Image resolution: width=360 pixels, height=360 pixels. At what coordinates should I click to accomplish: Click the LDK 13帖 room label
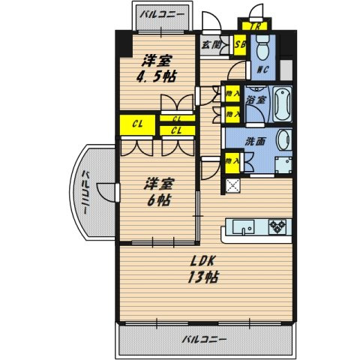click(x=203, y=269)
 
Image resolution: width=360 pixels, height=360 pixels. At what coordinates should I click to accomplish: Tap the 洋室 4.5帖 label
click(x=157, y=68)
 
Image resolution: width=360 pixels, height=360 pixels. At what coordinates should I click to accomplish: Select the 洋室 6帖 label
click(x=159, y=192)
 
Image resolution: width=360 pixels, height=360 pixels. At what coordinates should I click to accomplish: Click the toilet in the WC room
click(x=262, y=49)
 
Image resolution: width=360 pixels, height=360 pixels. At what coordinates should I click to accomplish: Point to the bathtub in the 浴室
click(x=282, y=103)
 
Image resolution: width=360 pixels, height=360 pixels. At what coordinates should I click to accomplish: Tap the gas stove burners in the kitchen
click(x=277, y=226)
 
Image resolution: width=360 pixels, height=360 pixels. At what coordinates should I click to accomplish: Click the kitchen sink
click(x=243, y=227)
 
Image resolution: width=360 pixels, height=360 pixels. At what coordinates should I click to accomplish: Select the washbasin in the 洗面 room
click(x=284, y=139)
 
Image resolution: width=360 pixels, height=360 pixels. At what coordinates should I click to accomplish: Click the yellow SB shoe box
click(x=240, y=45)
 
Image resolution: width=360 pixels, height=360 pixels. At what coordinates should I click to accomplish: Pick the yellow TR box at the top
click(x=254, y=26)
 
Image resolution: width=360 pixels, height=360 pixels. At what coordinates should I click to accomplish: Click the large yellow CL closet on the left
click(x=137, y=124)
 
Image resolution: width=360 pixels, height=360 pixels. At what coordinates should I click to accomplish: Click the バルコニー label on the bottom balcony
click(x=204, y=339)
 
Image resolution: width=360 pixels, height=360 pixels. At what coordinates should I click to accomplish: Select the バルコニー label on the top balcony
click(x=162, y=14)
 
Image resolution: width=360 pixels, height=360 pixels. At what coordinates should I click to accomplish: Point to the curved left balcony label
click(x=85, y=192)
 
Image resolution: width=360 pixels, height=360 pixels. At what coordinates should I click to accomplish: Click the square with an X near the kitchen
click(x=232, y=185)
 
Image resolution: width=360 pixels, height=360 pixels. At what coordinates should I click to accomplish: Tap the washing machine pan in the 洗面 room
click(x=283, y=164)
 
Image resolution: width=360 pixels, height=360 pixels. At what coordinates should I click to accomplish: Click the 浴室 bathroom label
click(x=256, y=100)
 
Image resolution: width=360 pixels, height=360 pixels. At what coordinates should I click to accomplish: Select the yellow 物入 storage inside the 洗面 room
click(x=232, y=162)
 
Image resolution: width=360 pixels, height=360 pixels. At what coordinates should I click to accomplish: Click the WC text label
click(x=263, y=70)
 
